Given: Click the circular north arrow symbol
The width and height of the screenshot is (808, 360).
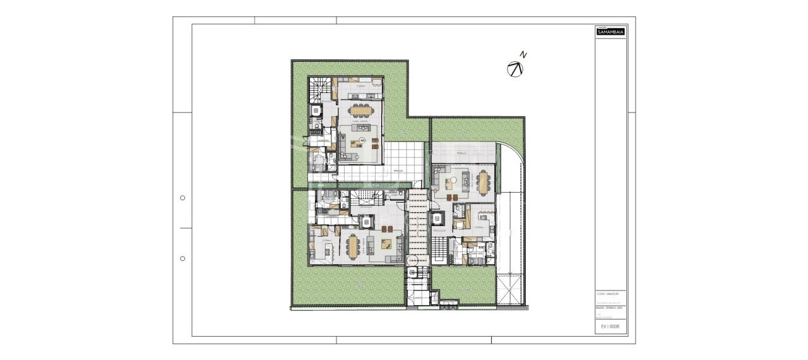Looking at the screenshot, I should pyautogui.click(x=515, y=69).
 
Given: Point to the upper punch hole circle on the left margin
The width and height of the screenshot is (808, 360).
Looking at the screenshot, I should pyautogui.click(x=182, y=198).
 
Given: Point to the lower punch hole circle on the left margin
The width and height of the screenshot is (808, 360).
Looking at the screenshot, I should pyautogui.click(x=182, y=258).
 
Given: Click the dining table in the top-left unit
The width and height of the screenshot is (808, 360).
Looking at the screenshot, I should pyautogui.click(x=362, y=110).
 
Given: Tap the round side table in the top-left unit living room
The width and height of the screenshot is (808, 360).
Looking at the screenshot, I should pyautogui.click(x=362, y=140).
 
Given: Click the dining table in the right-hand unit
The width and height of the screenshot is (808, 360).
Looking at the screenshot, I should pyautogui.click(x=484, y=183).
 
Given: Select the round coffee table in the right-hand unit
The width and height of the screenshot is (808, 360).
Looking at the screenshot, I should pyautogui.click(x=451, y=184).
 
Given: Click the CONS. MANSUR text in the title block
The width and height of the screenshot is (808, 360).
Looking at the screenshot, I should pyautogui.click(x=608, y=294).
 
